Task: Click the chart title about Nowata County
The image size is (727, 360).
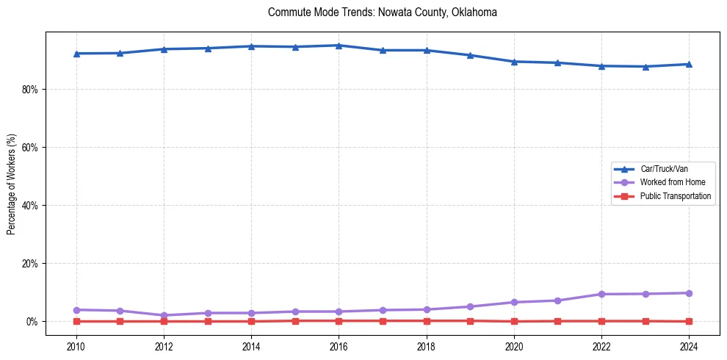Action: (x=383, y=12)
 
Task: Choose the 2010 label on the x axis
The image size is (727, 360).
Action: (x=76, y=346)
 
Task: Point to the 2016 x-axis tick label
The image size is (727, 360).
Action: (x=339, y=346)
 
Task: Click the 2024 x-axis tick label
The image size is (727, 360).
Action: (x=689, y=346)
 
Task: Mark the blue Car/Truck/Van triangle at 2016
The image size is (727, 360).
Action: (x=339, y=46)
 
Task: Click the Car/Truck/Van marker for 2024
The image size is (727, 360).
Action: (x=689, y=64)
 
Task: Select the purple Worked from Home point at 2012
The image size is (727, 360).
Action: (x=164, y=315)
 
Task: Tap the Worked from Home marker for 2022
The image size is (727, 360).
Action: (x=601, y=294)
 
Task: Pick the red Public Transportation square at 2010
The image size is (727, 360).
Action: (x=76, y=321)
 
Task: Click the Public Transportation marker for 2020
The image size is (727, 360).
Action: (x=514, y=321)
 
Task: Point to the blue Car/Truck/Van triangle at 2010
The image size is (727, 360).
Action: (x=76, y=54)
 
